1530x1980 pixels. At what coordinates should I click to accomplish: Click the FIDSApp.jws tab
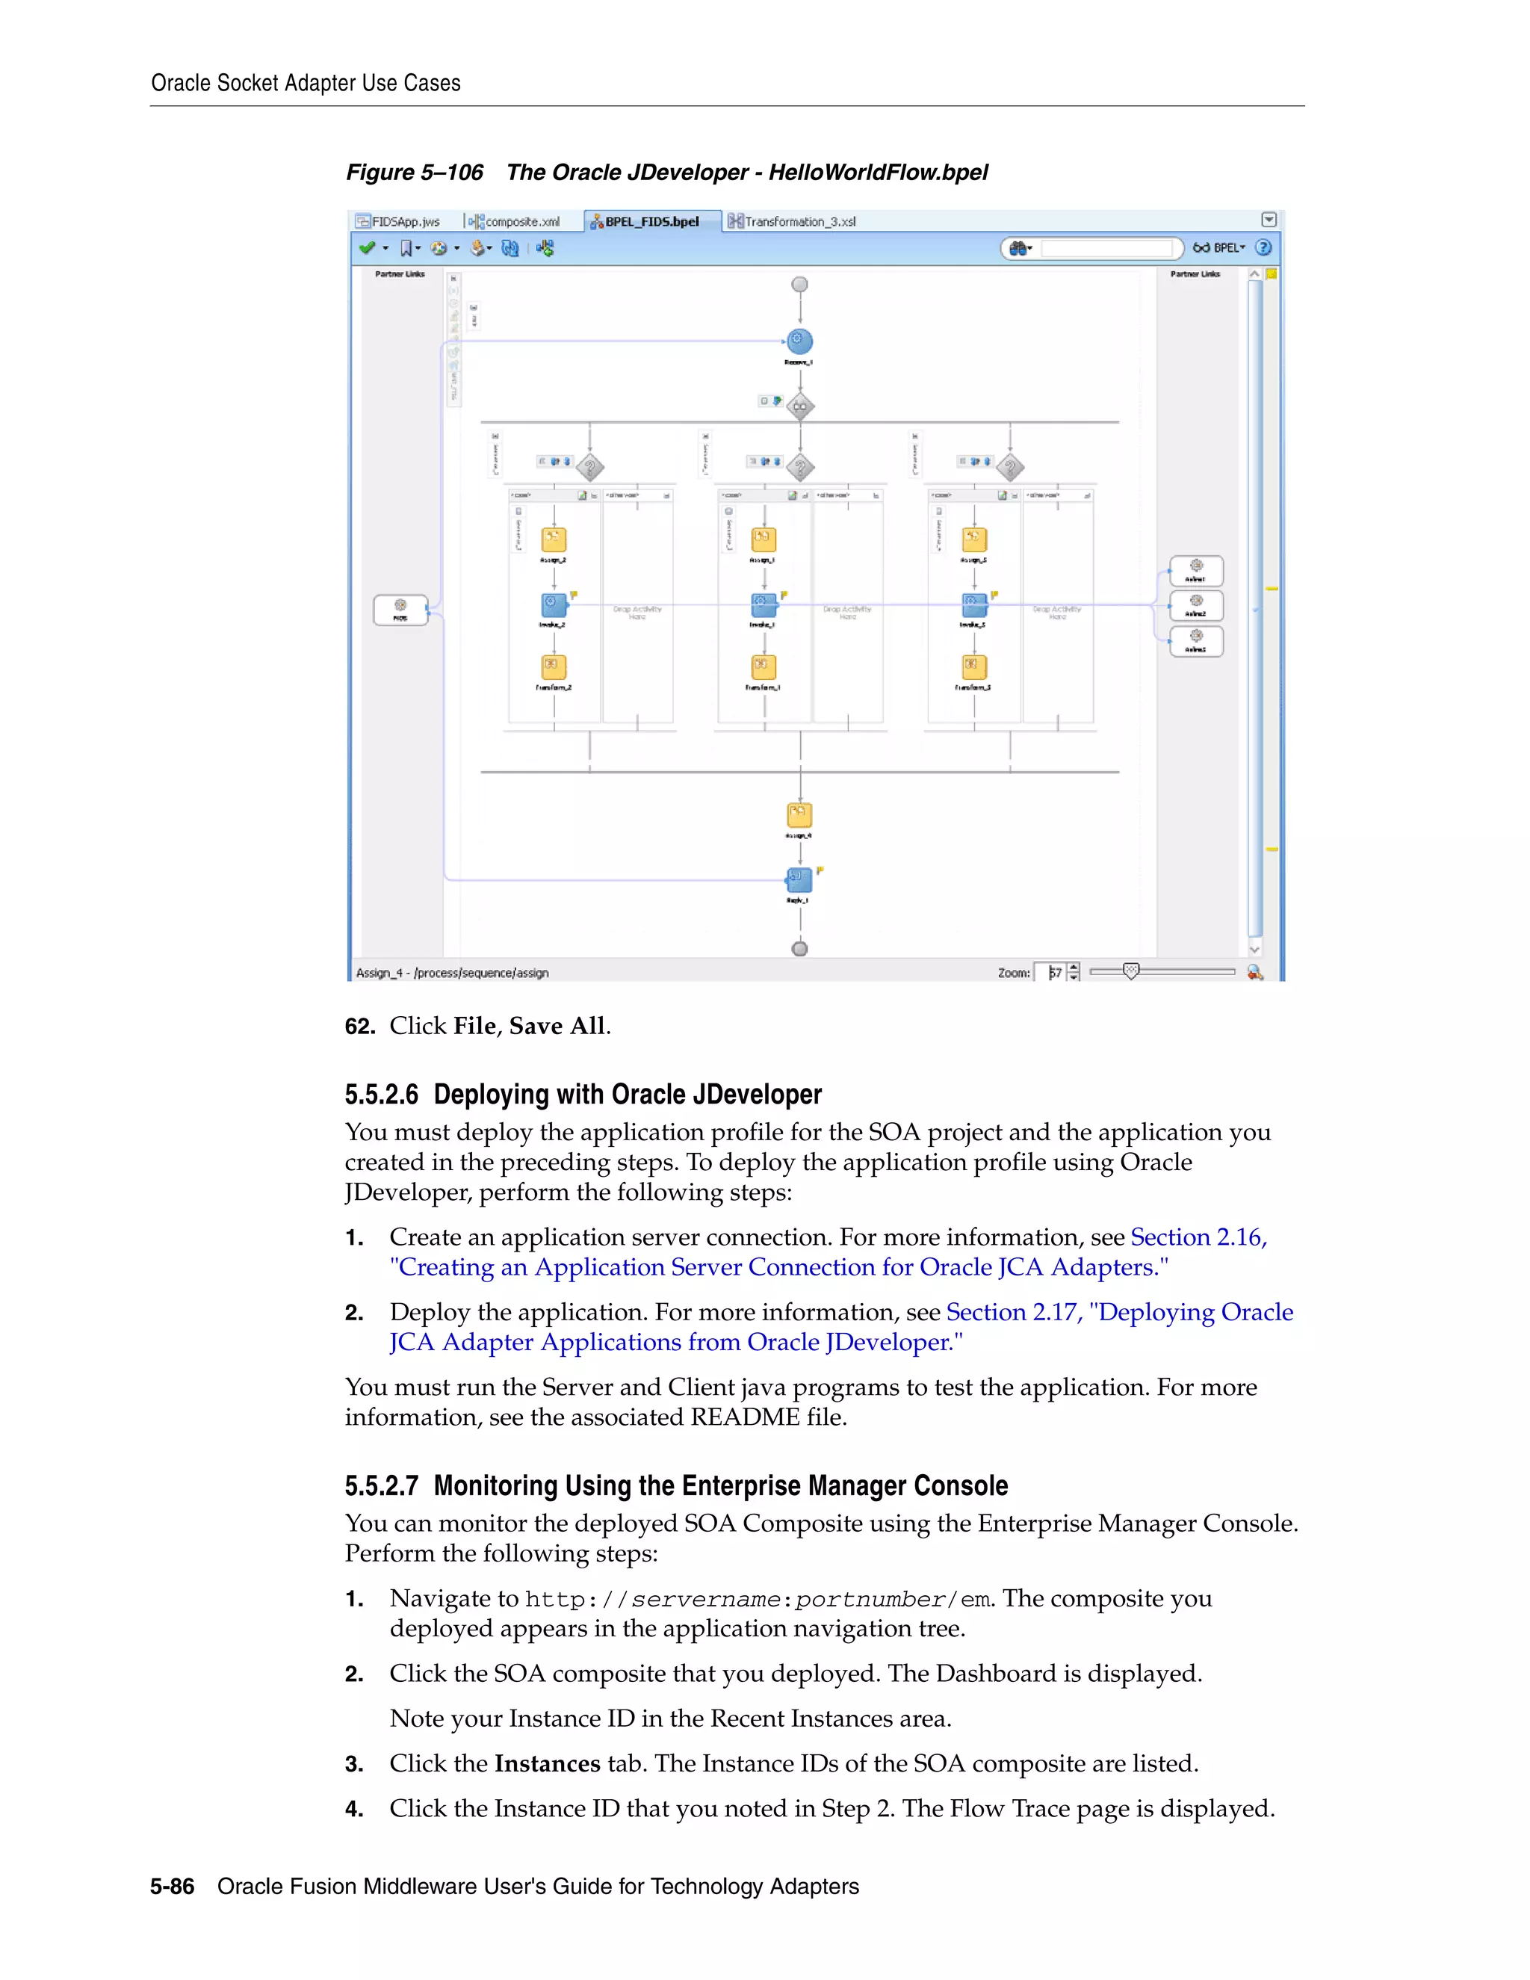coord(398,221)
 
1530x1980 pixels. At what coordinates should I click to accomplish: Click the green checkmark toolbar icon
coord(366,247)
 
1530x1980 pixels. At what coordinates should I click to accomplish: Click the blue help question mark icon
coord(1263,247)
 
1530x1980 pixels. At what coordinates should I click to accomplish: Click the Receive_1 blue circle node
coord(799,341)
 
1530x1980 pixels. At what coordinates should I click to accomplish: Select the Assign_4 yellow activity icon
coord(799,815)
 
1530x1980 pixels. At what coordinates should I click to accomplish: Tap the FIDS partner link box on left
coord(400,609)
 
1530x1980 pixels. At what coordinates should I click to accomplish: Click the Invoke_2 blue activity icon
coord(553,604)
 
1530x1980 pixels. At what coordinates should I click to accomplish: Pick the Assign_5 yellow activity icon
coord(973,540)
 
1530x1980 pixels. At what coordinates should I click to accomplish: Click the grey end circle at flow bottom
coord(799,948)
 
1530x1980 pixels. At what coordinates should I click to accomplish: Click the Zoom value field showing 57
coord(1053,972)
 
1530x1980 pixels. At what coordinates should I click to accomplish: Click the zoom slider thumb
coord(1130,971)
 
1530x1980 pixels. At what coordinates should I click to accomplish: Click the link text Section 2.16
coord(1197,1237)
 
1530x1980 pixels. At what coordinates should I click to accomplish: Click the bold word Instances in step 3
coord(548,1763)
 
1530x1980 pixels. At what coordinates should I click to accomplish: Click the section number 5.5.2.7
coord(381,1486)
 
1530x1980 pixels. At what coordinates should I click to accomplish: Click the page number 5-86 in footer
coord(173,1887)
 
